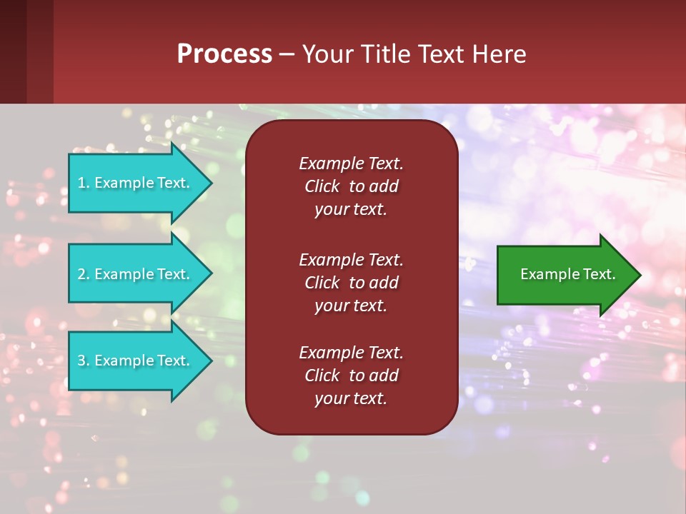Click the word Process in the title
[x=224, y=54]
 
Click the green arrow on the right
[x=565, y=274]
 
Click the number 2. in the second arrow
[x=84, y=274]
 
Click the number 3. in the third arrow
[x=84, y=361]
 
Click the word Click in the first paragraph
[x=322, y=186]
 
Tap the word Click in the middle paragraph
[x=322, y=283]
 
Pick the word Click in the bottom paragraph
[x=322, y=376]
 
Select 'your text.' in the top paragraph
[x=350, y=210]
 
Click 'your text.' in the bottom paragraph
[x=350, y=399]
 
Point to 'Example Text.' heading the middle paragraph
[x=351, y=259]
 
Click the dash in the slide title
[x=287, y=54]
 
